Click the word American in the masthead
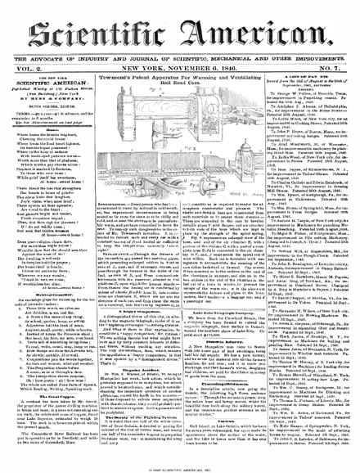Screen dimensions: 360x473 (x=260, y=29)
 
